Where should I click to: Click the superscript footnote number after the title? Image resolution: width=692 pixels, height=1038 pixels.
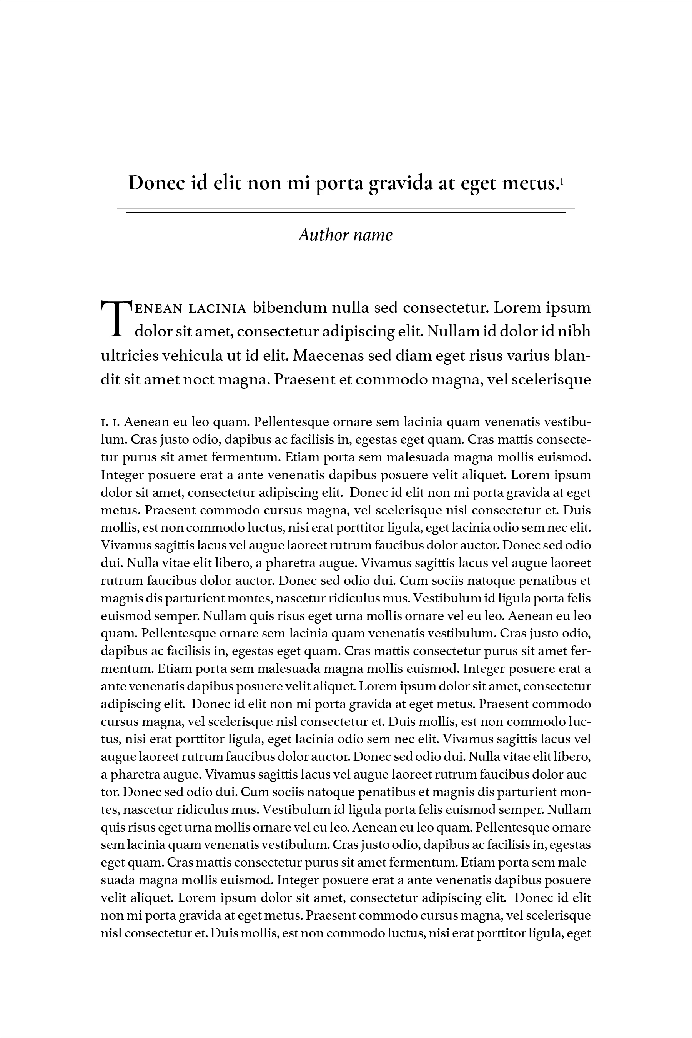(561, 181)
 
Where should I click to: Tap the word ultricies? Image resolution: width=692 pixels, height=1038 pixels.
(130, 355)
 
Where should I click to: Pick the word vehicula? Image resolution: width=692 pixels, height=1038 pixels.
(193, 355)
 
